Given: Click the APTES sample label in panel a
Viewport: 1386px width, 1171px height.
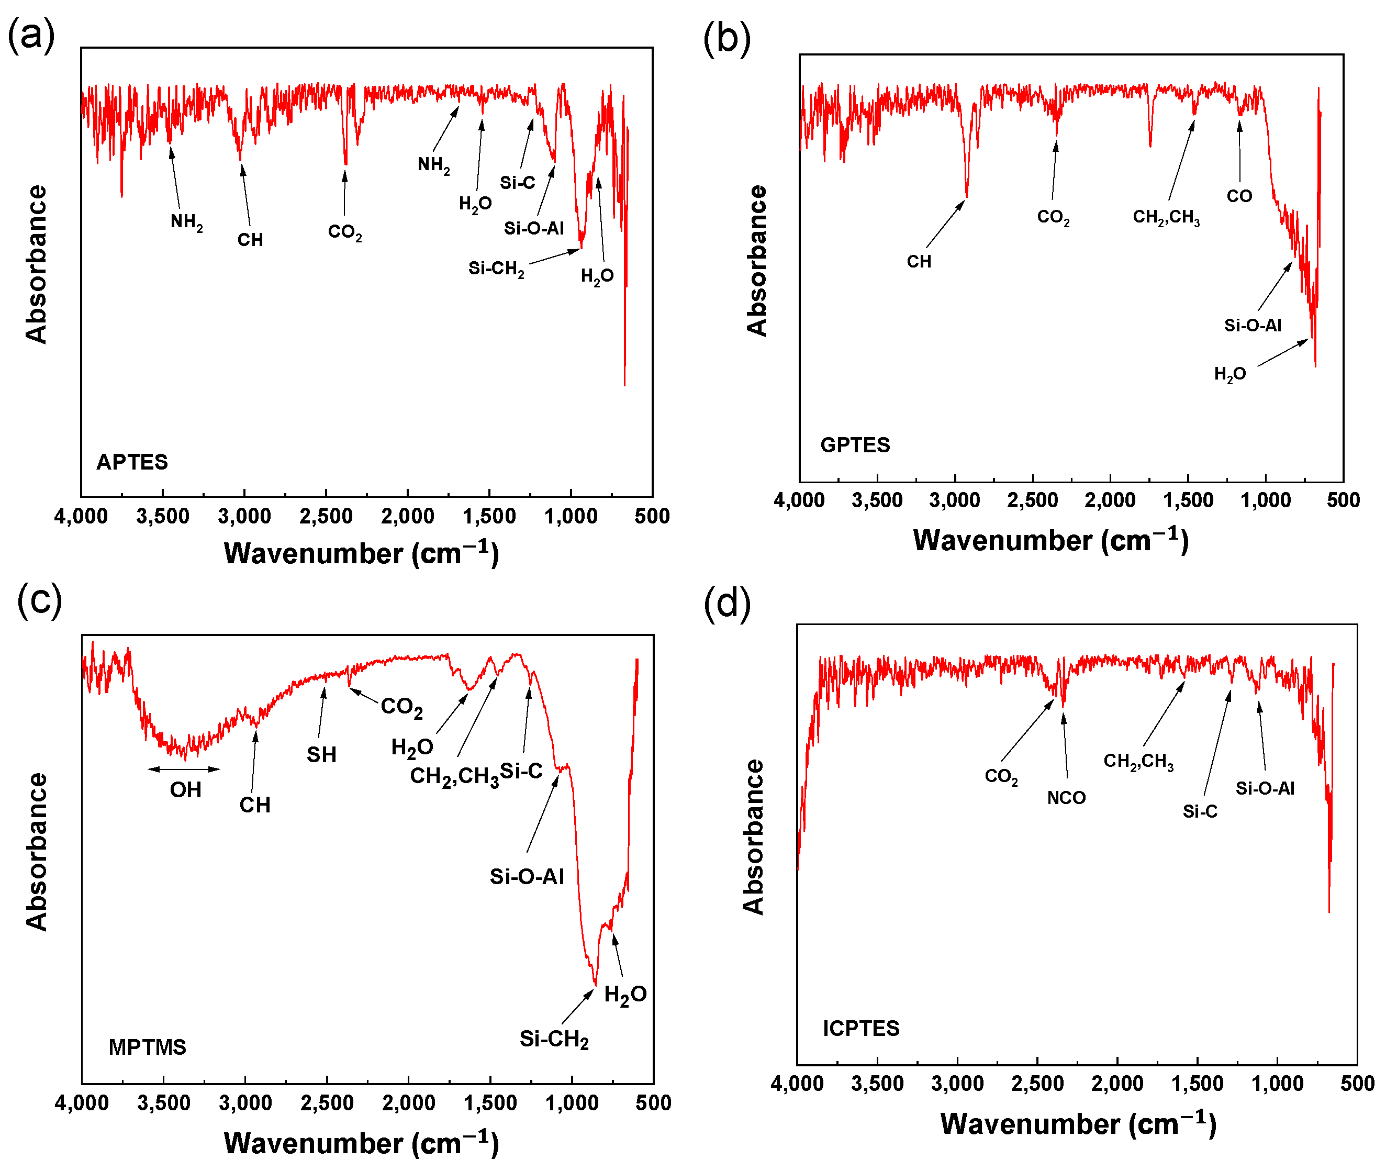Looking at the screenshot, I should [132, 462].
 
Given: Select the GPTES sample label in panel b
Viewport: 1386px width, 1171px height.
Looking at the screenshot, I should [854, 445].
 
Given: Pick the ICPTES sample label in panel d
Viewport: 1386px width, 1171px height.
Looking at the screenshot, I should [861, 1028].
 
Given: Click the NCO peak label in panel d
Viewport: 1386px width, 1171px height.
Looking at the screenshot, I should [1066, 798].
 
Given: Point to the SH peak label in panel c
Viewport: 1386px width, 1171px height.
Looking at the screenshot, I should [321, 755].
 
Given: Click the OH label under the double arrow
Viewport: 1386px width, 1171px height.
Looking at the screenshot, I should [185, 790].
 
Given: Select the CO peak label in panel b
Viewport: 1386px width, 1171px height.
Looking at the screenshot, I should [1238, 196].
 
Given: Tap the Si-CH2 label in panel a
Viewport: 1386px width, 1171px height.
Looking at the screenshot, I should [496, 269].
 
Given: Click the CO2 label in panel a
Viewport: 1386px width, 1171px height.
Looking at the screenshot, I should [344, 232].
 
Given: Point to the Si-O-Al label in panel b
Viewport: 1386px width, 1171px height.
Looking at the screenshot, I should [1253, 325].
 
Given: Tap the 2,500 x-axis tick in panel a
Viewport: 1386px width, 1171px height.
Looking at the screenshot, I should [326, 516].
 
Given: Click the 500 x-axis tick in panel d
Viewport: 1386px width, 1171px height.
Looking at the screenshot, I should [1357, 1084].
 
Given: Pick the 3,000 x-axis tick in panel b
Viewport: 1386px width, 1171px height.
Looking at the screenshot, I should [955, 500].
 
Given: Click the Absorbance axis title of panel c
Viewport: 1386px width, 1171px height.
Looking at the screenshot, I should [37, 852].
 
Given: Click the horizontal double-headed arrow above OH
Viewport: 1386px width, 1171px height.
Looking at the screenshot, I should [184, 769].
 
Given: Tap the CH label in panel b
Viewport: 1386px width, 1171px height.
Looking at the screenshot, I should [919, 262].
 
